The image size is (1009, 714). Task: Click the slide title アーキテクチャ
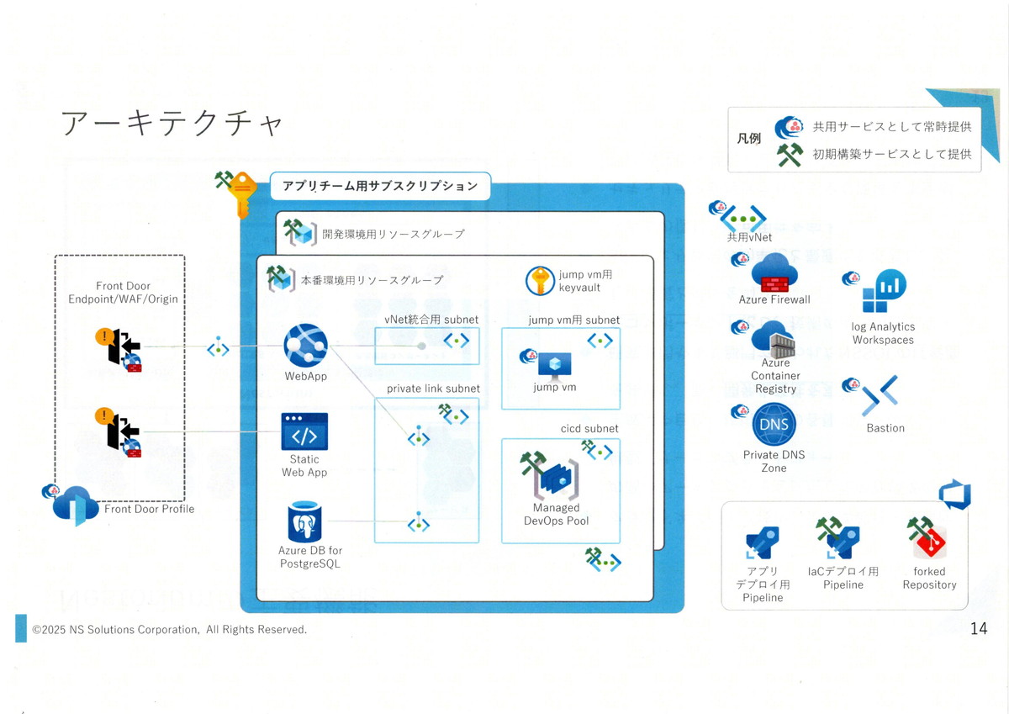(x=172, y=124)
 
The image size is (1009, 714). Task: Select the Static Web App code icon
(x=304, y=431)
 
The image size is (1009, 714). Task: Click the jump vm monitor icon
(x=555, y=365)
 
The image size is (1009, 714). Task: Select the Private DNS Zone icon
(x=774, y=425)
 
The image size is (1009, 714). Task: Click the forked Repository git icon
(x=930, y=543)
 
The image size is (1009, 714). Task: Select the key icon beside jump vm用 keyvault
(x=540, y=280)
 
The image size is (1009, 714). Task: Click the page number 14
(x=978, y=628)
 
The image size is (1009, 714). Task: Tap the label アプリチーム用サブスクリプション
(x=380, y=186)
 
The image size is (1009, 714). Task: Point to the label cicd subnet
(x=589, y=428)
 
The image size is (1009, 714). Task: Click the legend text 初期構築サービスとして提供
(x=891, y=154)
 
